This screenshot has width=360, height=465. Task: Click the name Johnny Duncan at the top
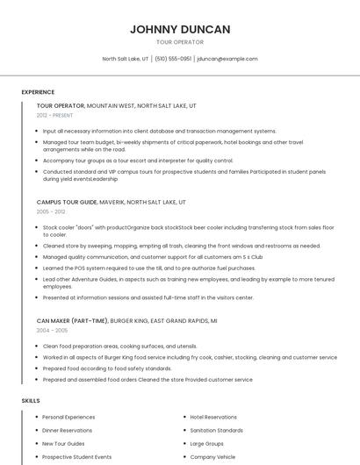(x=180, y=29)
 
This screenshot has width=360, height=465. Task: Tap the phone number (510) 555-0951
(x=174, y=59)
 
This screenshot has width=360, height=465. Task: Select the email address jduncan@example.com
(x=227, y=59)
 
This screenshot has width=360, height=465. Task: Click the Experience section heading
(x=38, y=92)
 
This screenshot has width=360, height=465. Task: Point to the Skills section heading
(x=31, y=400)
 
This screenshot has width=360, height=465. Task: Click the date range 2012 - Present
(x=55, y=115)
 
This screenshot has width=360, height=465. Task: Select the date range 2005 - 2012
(x=51, y=211)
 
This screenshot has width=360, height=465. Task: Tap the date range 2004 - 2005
(x=51, y=330)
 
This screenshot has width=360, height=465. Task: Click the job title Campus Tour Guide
(x=67, y=202)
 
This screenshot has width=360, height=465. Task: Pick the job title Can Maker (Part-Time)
(x=72, y=320)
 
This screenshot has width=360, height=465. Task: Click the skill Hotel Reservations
(x=213, y=417)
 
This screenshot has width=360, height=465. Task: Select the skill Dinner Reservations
(x=67, y=431)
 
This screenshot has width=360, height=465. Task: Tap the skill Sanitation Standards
(x=216, y=431)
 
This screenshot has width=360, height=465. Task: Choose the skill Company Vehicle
(x=212, y=457)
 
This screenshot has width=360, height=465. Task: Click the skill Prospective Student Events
(x=76, y=457)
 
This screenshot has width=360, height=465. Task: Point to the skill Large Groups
(x=207, y=444)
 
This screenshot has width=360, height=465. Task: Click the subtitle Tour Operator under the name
(x=180, y=42)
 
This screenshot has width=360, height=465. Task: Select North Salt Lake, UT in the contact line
(x=126, y=59)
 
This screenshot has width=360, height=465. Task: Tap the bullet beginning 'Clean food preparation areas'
(x=119, y=347)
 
